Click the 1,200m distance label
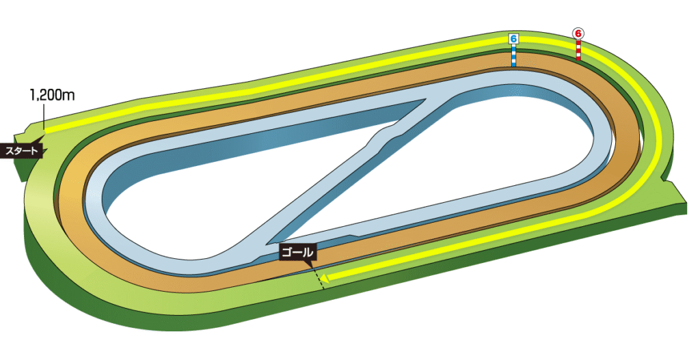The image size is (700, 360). click(x=52, y=96)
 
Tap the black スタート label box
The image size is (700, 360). click(x=23, y=151)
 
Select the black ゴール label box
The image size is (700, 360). click(x=297, y=253)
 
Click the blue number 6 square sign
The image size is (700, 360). click(x=513, y=39)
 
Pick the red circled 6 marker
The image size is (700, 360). click(x=578, y=33)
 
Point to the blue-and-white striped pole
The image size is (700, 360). click(x=513, y=55)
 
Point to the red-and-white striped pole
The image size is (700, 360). click(x=578, y=49)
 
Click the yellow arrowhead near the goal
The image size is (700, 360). click(x=325, y=278)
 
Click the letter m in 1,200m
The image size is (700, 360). click(x=69, y=96)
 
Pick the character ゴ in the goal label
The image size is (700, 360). click(x=287, y=253)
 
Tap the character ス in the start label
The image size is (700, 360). click(x=9, y=151)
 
